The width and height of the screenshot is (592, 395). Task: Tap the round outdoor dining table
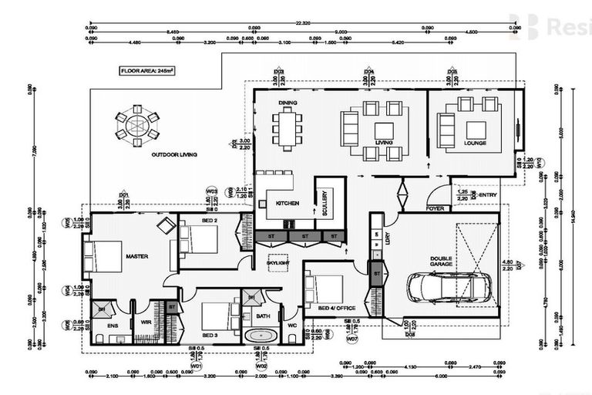tap(137, 125)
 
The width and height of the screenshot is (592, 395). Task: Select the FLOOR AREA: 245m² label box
tap(146, 70)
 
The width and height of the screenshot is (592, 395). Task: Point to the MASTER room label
tap(136, 256)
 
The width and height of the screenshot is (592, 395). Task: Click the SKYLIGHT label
tap(277, 263)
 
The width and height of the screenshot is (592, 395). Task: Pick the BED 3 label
tap(211, 336)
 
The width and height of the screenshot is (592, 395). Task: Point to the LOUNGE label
tap(475, 143)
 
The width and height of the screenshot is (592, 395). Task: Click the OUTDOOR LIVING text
tap(173, 155)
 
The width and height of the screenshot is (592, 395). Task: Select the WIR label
tap(144, 323)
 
